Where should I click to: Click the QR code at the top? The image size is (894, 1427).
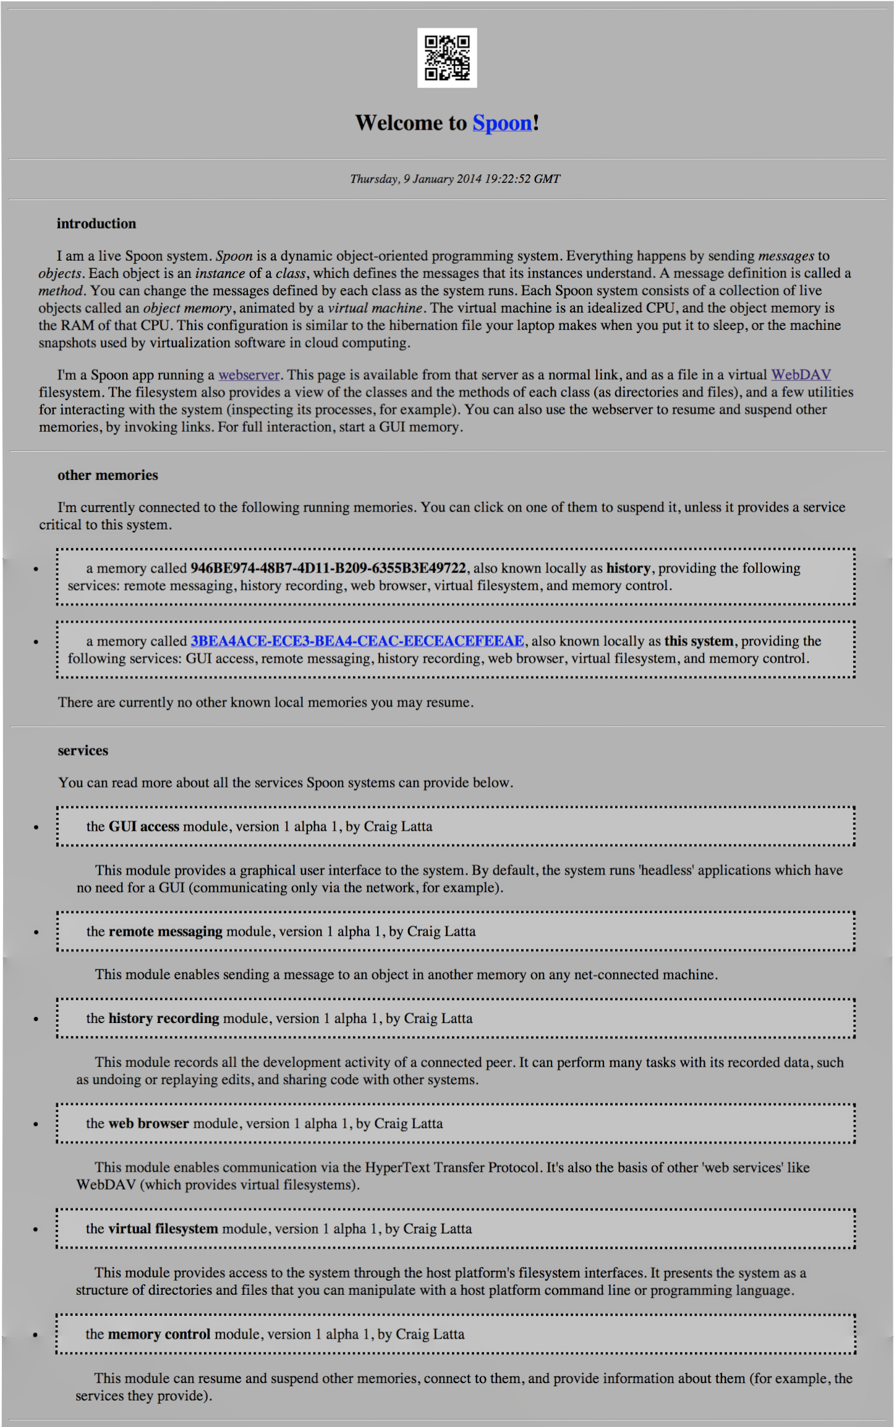click(x=446, y=57)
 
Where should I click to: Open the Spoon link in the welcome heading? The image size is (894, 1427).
click(x=502, y=123)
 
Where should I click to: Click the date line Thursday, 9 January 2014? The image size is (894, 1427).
click(x=454, y=179)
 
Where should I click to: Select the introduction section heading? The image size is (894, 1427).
click(x=96, y=224)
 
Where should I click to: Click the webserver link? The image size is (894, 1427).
click(x=249, y=375)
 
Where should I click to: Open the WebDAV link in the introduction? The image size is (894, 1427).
click(x=801, y=375)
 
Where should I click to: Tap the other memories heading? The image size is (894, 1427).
click(x=108, y=475)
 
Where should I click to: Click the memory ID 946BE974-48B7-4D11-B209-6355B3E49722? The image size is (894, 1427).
click(x=328, y=568)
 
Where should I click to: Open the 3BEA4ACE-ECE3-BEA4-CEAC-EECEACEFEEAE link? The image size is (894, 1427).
click(x=357, y=641)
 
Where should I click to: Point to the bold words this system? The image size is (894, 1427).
click(x=699, y=641)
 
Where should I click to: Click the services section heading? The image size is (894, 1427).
click(x=83, y=751)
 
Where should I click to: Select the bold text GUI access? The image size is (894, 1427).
click(x=144, y=827)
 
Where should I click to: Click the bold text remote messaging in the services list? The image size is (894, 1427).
click(x=166, y=932)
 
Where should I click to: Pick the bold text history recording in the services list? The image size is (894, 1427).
click(x=164, y=1019)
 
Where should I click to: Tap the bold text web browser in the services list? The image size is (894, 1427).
click(x=148, y=1124)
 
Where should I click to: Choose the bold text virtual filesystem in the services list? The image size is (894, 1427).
click(x=163, y=1229)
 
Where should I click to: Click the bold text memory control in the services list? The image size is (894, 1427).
click(x=159, y=1334)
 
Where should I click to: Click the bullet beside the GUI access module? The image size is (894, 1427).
click(x=36, y=827)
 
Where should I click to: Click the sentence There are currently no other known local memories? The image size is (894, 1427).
click(x=266, y=702)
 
